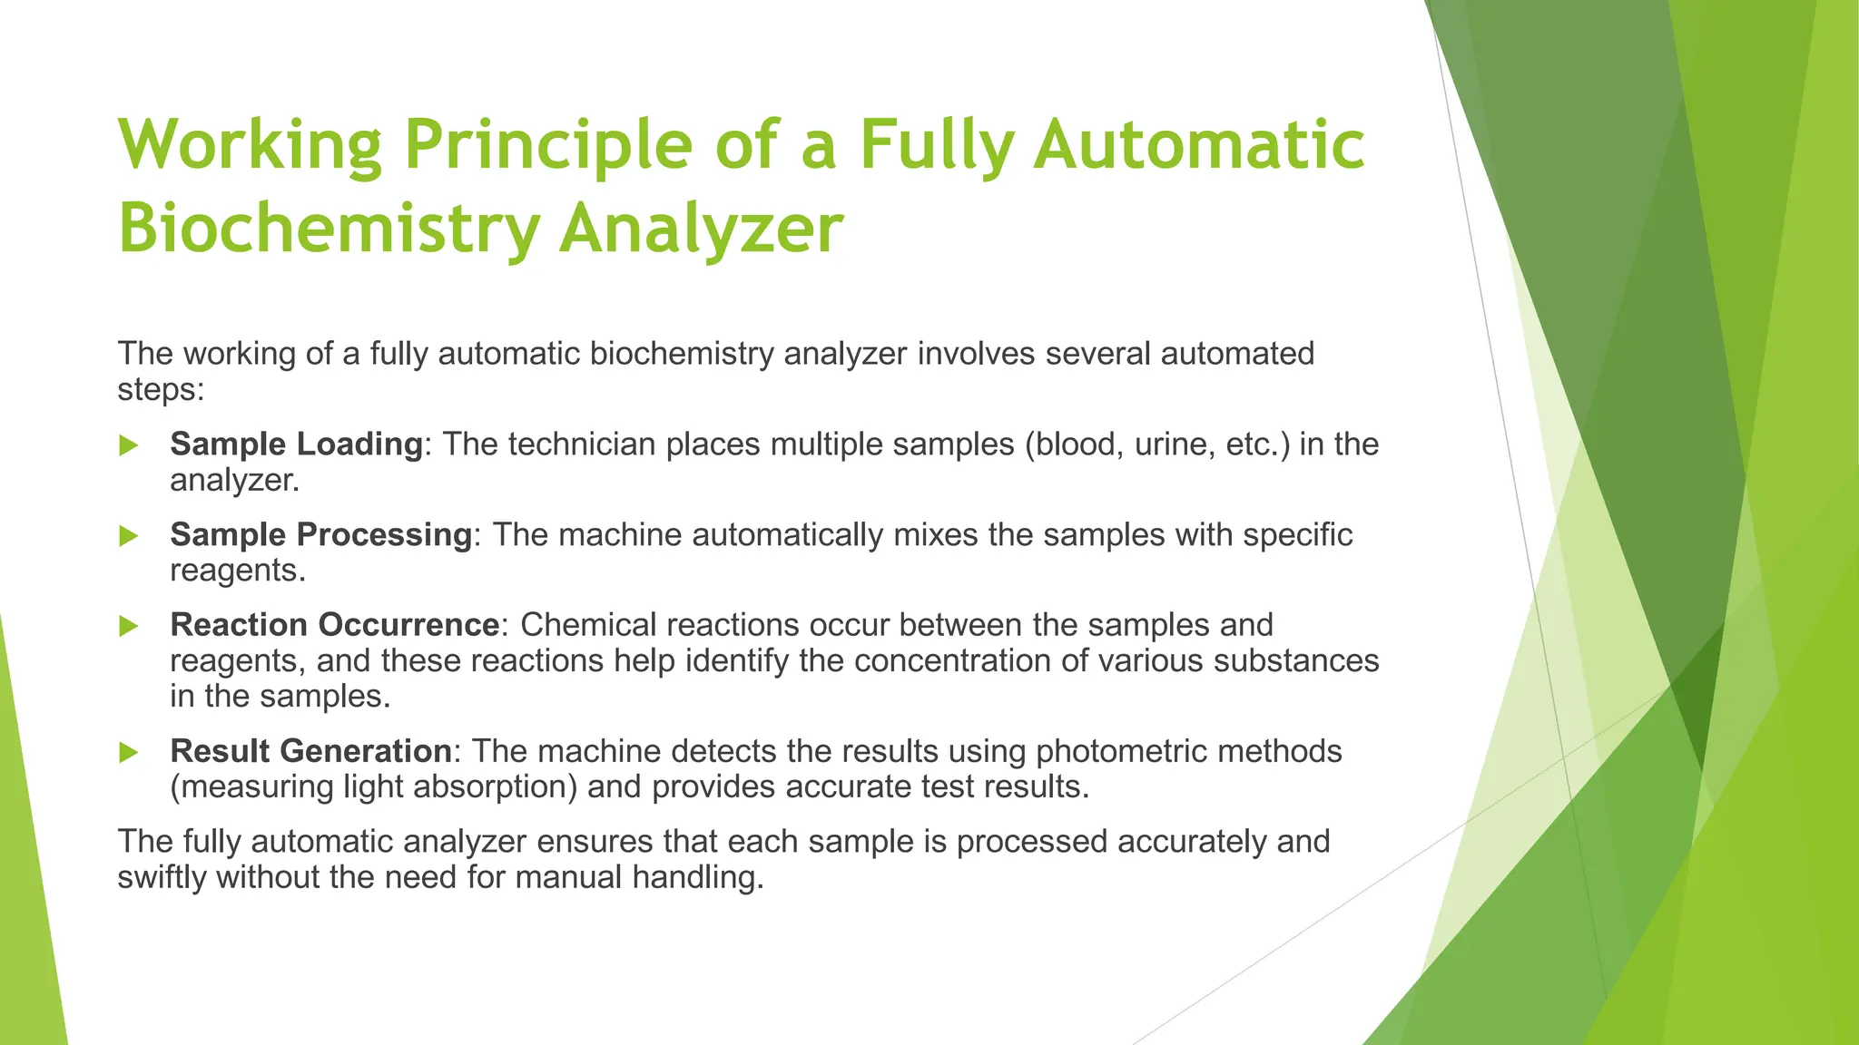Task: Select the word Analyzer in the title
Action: tap(701, 229)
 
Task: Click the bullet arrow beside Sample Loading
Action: tap(129, 445)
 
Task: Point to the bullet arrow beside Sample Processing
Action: tap(129, 536)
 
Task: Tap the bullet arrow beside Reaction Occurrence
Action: tap(129, 626)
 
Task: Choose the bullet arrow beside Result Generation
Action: tap(129, 752)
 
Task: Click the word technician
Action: tap(581, 444)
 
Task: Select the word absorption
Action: tap(495, 786)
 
